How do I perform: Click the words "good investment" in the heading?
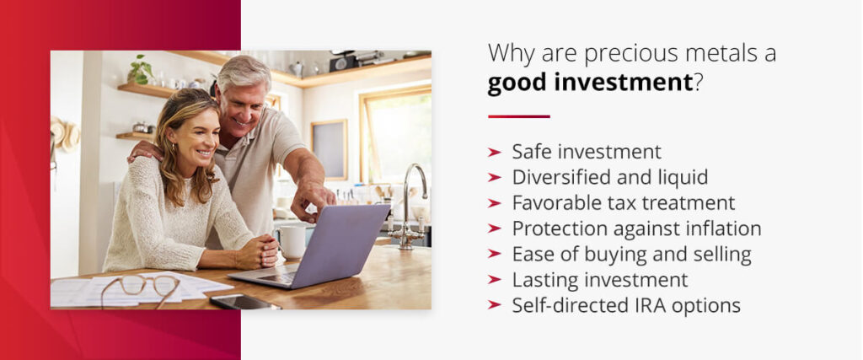pos(589,83)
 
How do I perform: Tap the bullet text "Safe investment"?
pos(587,152)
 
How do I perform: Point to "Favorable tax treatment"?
pos(624,203)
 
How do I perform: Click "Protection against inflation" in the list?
pos(636,228)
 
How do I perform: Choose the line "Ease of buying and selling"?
pos(631,254)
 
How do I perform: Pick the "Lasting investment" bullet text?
pos(600,280)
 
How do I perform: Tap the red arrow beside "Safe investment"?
pos(495,153)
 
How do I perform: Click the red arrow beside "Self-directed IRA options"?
pos(495,305)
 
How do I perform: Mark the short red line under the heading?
pos(518,116)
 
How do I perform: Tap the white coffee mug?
pos(292,241)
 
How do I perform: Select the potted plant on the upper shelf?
pos(141,70)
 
